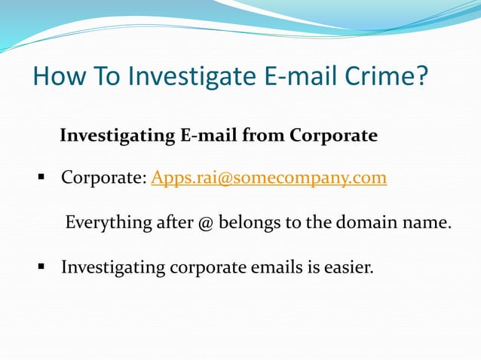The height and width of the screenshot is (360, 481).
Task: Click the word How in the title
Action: click(x=60, y=75)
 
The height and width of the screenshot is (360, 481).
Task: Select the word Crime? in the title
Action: click(x=386, y=75)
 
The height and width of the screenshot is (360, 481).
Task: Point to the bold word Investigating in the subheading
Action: click(x=118, y=136)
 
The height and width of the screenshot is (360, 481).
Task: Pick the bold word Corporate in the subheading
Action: click(x=333, y=136)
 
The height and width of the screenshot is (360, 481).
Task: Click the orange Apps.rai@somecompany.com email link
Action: click(x=268, y=178)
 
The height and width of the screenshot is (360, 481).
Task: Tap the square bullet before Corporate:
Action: click(x=41, y=177)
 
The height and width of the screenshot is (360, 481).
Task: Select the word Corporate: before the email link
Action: click(x=104, y=178)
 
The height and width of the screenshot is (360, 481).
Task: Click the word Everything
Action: click(x=109, y=223)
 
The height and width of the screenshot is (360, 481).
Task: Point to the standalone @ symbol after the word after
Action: click(x=206, y=223)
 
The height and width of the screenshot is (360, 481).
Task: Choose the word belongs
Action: click(x=250, y=223)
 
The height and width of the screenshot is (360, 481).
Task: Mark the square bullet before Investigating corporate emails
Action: click(x=41, y=267)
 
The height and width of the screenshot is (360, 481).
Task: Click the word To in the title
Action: click(x=106, y=75)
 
